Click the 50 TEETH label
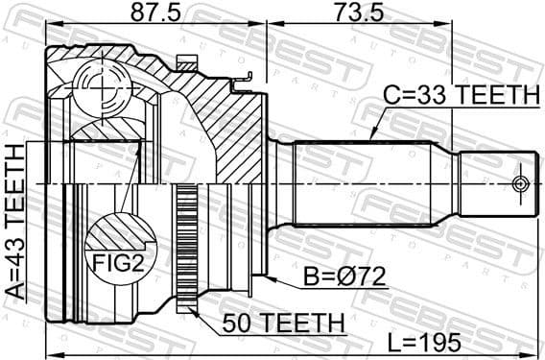click(281, 322)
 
